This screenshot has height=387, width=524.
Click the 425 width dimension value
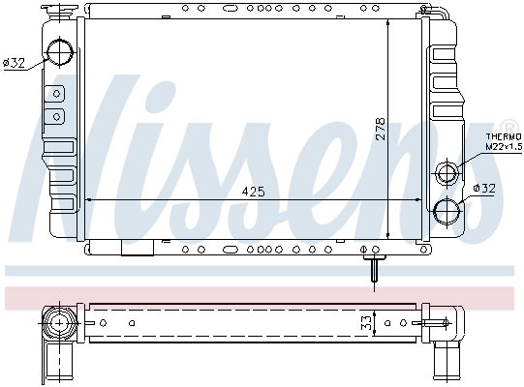point(253,192)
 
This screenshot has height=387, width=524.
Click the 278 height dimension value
point(381,129)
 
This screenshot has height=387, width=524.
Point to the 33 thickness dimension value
point(366,323)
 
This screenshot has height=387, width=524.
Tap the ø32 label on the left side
point(14,63)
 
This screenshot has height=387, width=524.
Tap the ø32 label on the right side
point(484,189)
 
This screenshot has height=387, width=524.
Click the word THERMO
point(504,136)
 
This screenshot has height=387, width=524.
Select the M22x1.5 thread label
point(504,146)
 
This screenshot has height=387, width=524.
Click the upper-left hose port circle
point(60,53)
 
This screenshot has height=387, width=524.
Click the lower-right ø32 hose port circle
point(447,211)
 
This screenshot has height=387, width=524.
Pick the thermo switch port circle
point(447,173)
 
